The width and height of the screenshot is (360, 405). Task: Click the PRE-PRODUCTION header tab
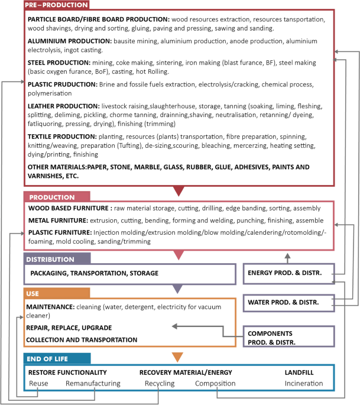click(x=57, y=5)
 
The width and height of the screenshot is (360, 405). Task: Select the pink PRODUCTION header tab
click(x=57, y=196)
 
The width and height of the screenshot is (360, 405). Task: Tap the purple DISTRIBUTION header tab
click(x=57, y=259)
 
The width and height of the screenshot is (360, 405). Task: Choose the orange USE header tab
click(x=57, y=293)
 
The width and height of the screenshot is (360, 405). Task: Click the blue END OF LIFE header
click(x=57, y=358)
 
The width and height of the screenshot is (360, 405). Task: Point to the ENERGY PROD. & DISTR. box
click(x=288, y=273)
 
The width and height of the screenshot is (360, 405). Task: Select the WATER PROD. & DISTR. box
click(x=288, y=303)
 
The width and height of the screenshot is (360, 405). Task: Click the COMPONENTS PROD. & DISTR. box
click(x=288, y=337)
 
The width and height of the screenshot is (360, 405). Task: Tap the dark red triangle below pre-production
click(x=178, y=190)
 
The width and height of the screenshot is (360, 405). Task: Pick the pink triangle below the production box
click(x=178, y=255)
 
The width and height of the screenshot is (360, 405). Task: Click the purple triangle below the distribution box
click(x=178, y=289)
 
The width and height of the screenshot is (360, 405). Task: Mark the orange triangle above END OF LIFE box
click(x=178, y=356)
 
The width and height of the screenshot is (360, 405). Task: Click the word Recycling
click(x=160, y=383)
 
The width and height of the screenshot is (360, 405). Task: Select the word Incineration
click(x=304, y=383)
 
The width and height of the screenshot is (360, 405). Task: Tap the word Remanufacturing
click(x=93, y=383)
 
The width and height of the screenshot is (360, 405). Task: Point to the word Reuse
click(x=39, y=383)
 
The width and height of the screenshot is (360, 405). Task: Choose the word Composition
click(x=215, y=383)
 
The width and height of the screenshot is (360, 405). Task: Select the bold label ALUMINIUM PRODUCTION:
click(x=69, y=41)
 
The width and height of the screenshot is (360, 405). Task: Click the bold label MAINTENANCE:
click(x=50, y=307)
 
